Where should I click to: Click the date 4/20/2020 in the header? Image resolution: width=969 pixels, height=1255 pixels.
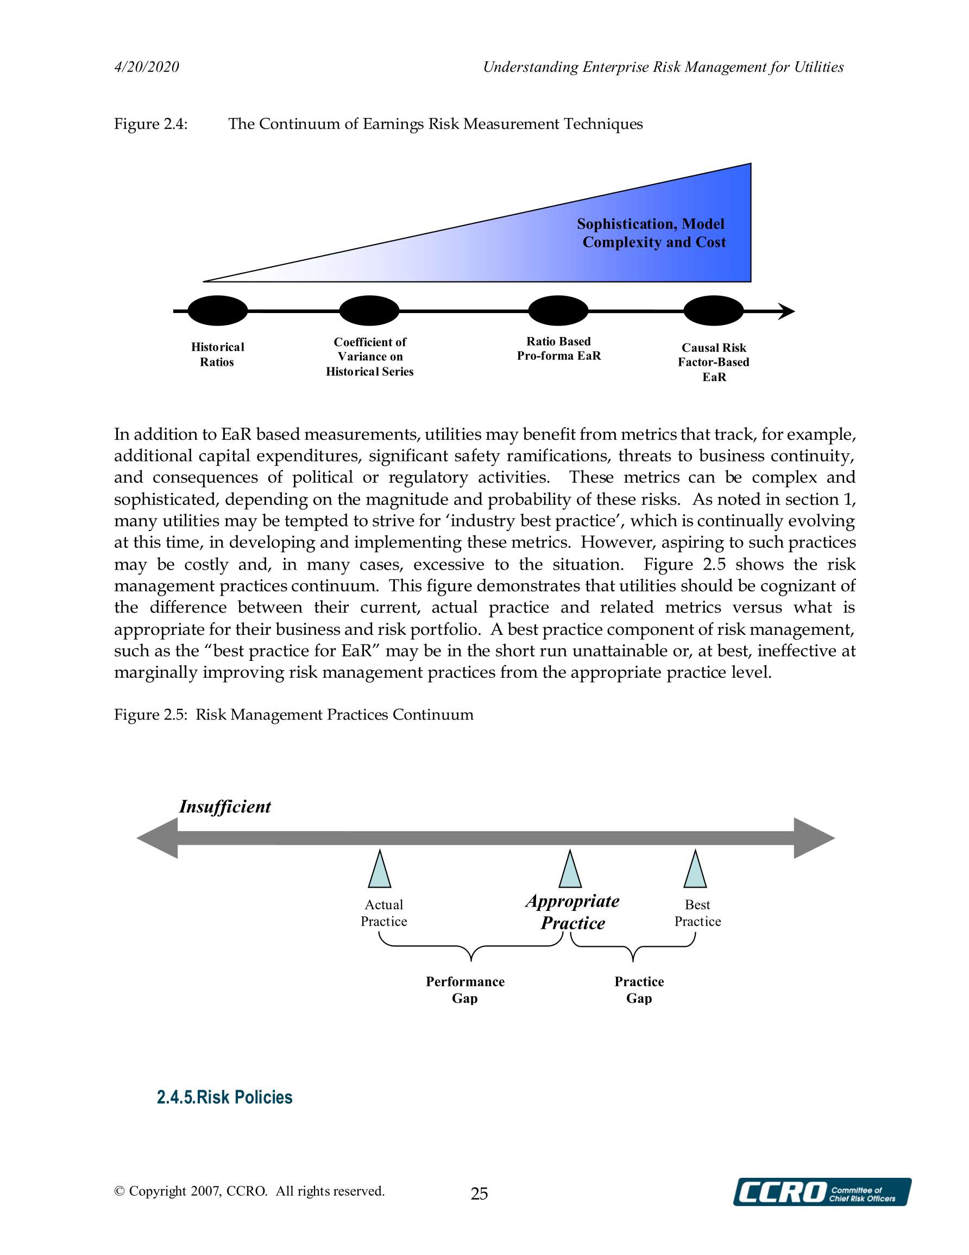(147, 67)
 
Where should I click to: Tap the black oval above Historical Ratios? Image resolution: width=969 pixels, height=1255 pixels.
(218, 311)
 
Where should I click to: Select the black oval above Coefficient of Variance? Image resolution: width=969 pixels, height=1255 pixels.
(369, 311)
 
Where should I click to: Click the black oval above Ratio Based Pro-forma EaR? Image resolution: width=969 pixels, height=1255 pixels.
(558, 311)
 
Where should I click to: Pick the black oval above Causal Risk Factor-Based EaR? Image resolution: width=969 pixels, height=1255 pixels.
(713, 311)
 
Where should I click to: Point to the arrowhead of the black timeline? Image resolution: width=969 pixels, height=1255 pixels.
(787, 311)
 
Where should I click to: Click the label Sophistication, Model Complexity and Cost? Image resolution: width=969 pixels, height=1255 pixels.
(652, 233)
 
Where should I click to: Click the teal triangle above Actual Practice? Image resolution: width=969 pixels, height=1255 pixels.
(380, 871)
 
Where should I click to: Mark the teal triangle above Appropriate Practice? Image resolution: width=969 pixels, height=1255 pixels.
(570, 871)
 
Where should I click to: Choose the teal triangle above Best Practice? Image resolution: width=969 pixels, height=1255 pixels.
(695, 871)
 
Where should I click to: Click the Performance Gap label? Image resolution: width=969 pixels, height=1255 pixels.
(465, 990)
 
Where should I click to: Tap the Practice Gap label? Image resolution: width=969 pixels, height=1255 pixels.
(639, 990)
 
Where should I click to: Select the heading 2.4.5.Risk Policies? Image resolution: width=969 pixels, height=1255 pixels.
(224, 1097)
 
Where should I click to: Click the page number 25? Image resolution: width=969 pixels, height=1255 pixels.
(479, 1194)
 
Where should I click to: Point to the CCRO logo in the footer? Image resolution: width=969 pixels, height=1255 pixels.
(821, 1192)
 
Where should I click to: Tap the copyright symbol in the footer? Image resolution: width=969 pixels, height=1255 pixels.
(119, 1191)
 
